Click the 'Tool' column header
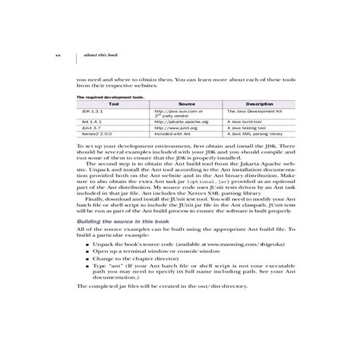click(114, 104)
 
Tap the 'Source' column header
click(187, 104)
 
